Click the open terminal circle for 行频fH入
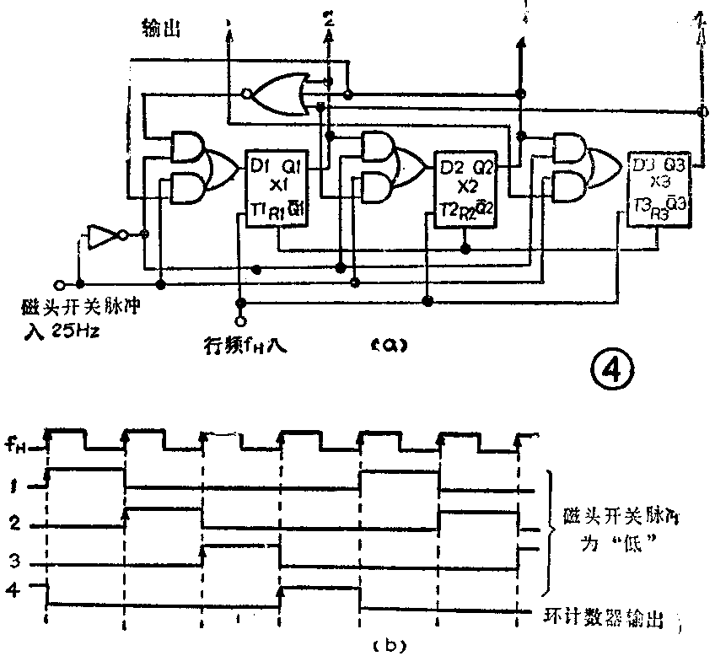[x=241, y=321]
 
